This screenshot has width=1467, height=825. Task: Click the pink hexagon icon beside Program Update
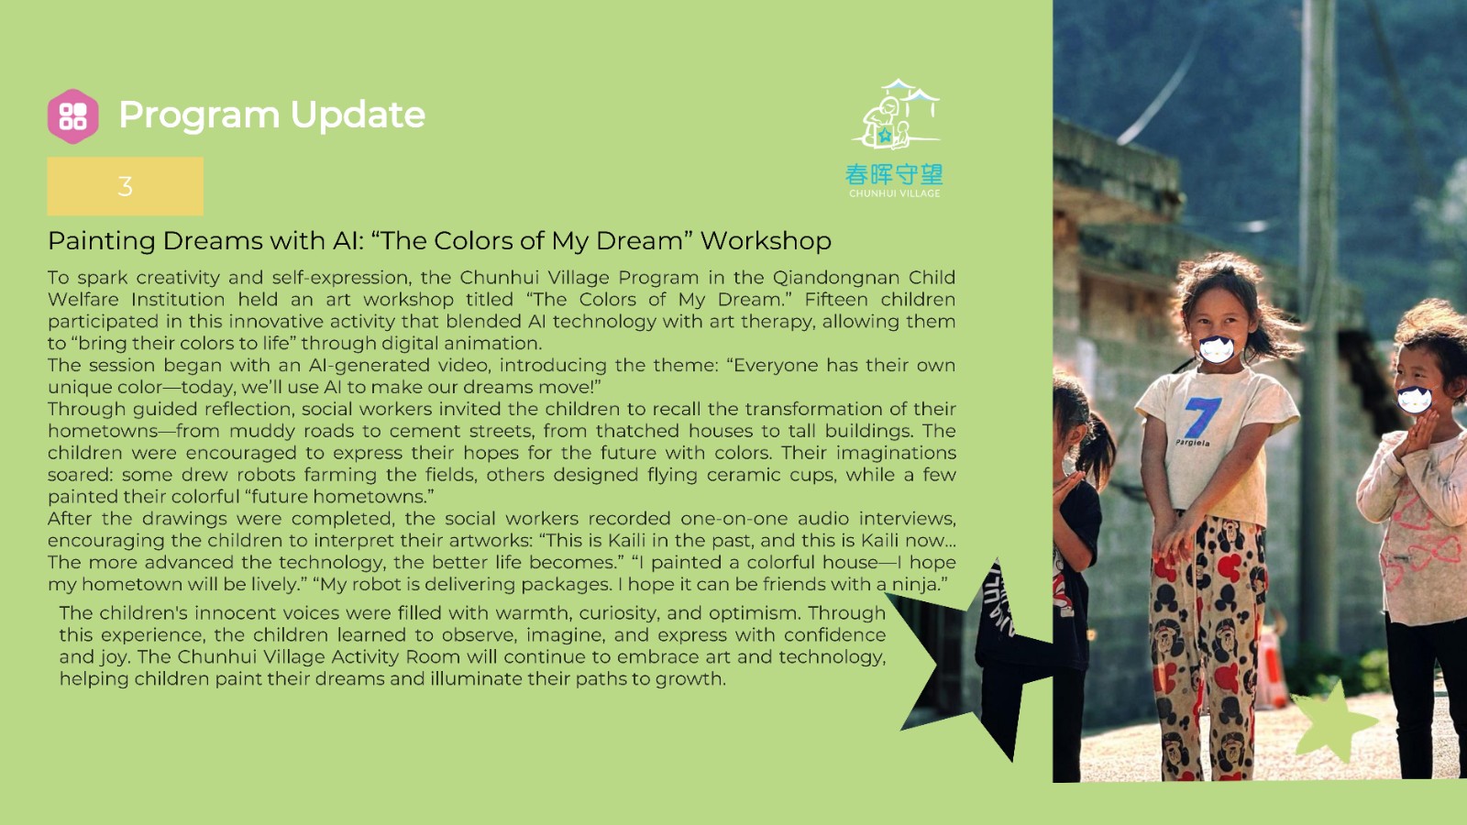tap(73, 116)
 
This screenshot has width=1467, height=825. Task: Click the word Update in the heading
tap(358, 115)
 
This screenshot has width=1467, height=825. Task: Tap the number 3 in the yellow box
tap(125, 187)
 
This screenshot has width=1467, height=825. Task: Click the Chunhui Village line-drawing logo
tap(896, 115)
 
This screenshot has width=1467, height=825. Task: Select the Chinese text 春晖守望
tap(894, 175)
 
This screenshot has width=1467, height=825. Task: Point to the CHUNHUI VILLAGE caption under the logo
tap(895, 193)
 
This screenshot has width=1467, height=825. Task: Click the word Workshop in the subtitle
tap(766, 241)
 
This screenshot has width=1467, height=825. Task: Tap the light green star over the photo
tap(1333, 720)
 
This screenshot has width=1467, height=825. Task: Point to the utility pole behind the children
tap(1318, 327)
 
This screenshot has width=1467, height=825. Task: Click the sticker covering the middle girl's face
tap(1216, 349)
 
